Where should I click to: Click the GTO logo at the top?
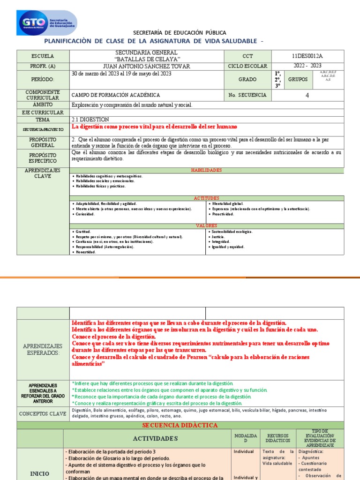point(47,23)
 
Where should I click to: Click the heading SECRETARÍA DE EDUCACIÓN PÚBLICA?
point(180,33)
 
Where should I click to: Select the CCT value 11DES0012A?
point(307,56)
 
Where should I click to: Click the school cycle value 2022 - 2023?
point(307,67)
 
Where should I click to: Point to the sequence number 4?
point(307,95)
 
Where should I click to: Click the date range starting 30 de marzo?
point(121,74)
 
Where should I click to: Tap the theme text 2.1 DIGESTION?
point(90,120)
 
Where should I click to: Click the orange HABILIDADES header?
point(206,171)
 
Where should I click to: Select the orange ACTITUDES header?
point(206,198)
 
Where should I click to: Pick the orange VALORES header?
point(206,226)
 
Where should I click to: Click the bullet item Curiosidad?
point(85,214)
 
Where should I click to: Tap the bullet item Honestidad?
point(85,252)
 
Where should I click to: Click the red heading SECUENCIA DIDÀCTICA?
point(180,425)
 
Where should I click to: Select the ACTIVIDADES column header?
point(147,438)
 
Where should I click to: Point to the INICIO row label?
point(40,474)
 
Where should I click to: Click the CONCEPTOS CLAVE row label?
point(43,413)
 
